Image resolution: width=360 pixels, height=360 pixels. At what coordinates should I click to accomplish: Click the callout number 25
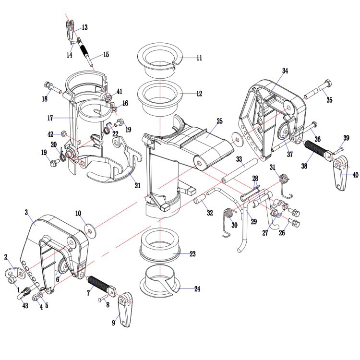pyautogui.click(x=219, y=121)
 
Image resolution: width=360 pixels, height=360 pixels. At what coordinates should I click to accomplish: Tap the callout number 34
pyautogui.click(x=285, y=71)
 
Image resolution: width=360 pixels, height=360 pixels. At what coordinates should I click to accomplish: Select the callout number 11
pyautogui.click(x=199, y=58)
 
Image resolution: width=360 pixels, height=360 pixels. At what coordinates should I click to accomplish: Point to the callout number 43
pyautogui.click(x=25, y=305)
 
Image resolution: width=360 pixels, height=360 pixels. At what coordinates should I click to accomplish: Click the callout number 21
pyautogui.click(x=137, y=185)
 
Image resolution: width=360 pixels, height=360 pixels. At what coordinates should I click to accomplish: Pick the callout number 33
pyautogui.click(x=239, y=159)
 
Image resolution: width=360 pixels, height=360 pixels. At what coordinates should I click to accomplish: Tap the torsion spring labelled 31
pyautogui.click(x=286, y=185)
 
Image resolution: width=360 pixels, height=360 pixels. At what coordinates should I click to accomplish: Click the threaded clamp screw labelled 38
pyautogui.click(x=318, y=149)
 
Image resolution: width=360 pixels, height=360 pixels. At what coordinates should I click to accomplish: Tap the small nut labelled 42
pyautogui.click(x=63, y=133)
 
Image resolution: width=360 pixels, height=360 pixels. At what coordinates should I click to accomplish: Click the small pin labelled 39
pyautogui.click(x=338, y=151)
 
